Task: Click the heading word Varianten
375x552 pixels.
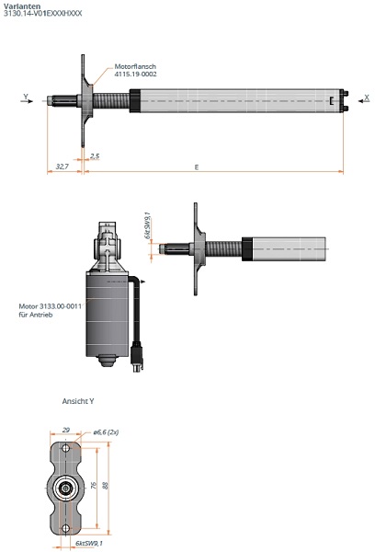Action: point(20,6)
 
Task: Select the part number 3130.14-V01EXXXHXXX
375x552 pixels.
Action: point(42,15)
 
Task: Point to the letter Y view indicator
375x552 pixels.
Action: point(26,96)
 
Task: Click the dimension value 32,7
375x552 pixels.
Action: point(62,167)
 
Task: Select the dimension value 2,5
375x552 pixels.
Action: point(95,156)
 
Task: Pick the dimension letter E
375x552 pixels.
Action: point(197,167)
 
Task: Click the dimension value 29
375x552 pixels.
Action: point(65,429)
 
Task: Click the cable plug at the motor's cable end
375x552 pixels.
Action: point(137,357)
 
